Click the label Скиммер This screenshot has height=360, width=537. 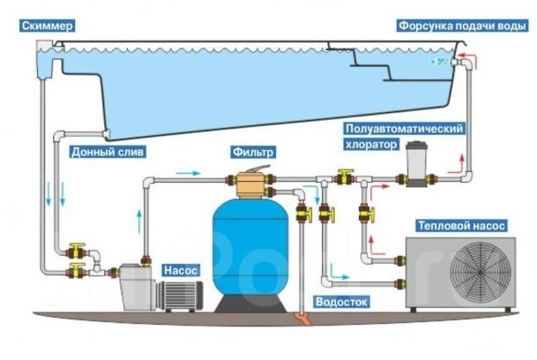tap(33, 23)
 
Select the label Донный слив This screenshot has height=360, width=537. tap(105, 151)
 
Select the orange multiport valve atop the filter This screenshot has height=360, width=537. tap(251, 184)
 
